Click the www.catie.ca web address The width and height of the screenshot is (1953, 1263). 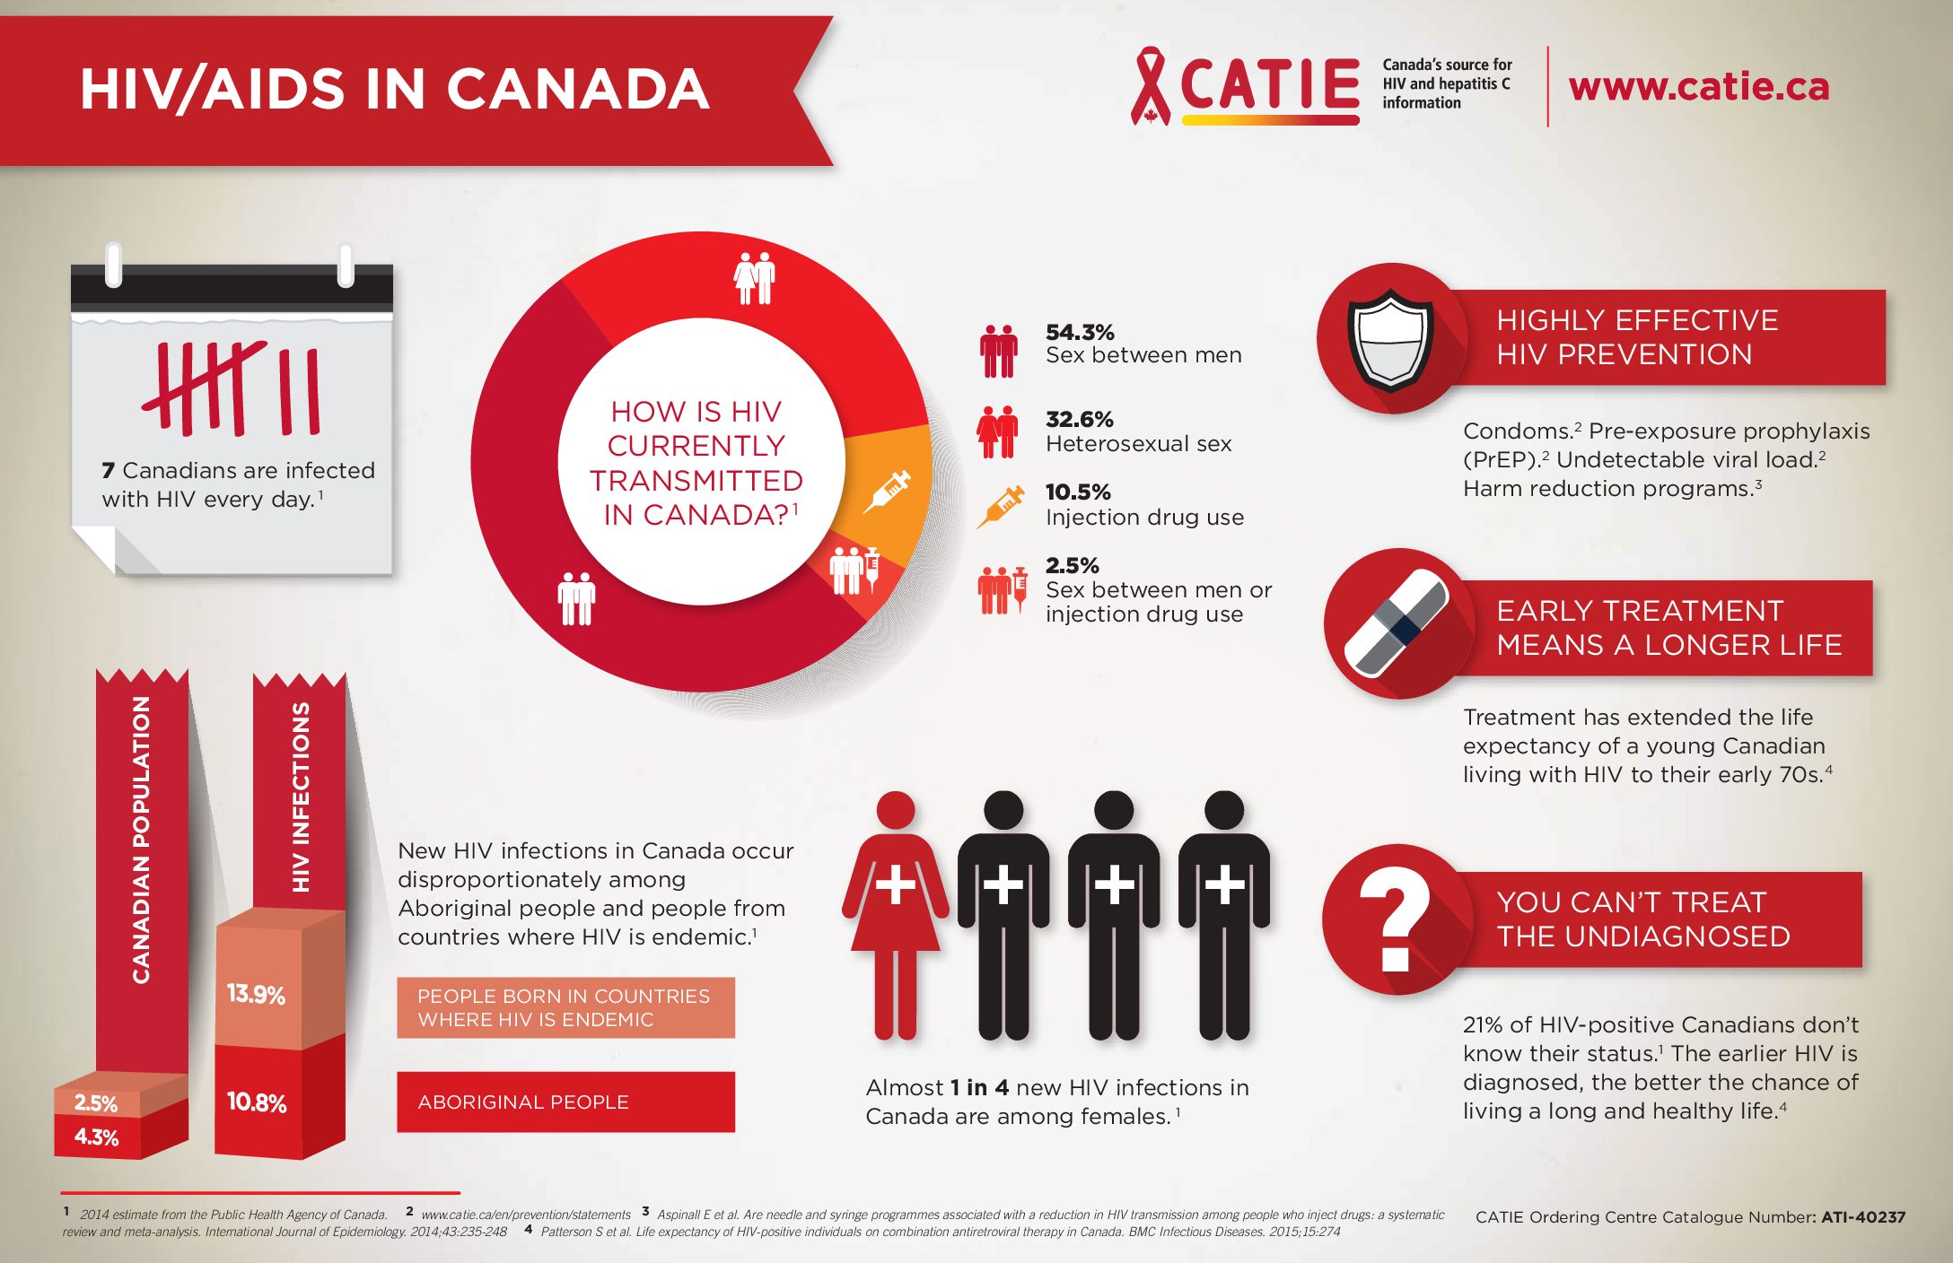tap(1698, 86)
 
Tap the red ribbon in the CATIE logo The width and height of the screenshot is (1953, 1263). tap(1151, 86)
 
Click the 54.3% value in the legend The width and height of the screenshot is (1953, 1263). tap(1080, 332)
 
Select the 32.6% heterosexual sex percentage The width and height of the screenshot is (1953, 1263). tap(1079, 419)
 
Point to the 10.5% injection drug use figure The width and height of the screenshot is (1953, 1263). tap(1078, 492)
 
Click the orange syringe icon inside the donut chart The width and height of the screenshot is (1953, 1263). tap(887, 492)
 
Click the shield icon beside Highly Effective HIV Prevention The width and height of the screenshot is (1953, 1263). tap(1390, 339)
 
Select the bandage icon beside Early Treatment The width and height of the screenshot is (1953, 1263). tap(1397, 623)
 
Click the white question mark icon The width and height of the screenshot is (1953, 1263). tap(1394, 919)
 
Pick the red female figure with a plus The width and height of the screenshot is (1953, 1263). tap(895, 915)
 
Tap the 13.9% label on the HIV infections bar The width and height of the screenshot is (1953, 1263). tap(256, 994)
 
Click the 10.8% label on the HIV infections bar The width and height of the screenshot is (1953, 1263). tap(257, 1102)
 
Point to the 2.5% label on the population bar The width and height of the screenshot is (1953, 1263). tap(96, 1103)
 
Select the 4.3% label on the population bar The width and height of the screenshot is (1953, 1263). tap(96, 1137)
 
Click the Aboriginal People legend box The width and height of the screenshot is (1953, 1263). tap(565, 1102)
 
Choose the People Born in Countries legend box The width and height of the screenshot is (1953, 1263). tap(565, 1007)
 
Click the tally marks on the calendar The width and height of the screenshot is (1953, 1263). tap(231, 388)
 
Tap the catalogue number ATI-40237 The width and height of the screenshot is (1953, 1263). tap(1862, 1217)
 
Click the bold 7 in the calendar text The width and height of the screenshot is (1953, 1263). tap(109, 471)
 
